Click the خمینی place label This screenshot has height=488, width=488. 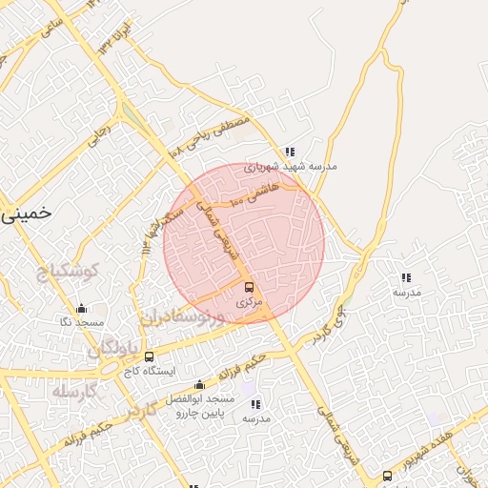pos(22,214)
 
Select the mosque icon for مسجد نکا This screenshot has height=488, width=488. pos(81,309)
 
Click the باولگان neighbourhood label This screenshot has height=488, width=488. pos(120,351)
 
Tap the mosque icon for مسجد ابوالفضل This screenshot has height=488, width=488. pos(198,385)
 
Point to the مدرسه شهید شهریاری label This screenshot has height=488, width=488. pos(290,166)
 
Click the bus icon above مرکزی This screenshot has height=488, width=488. pos(249,287)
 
